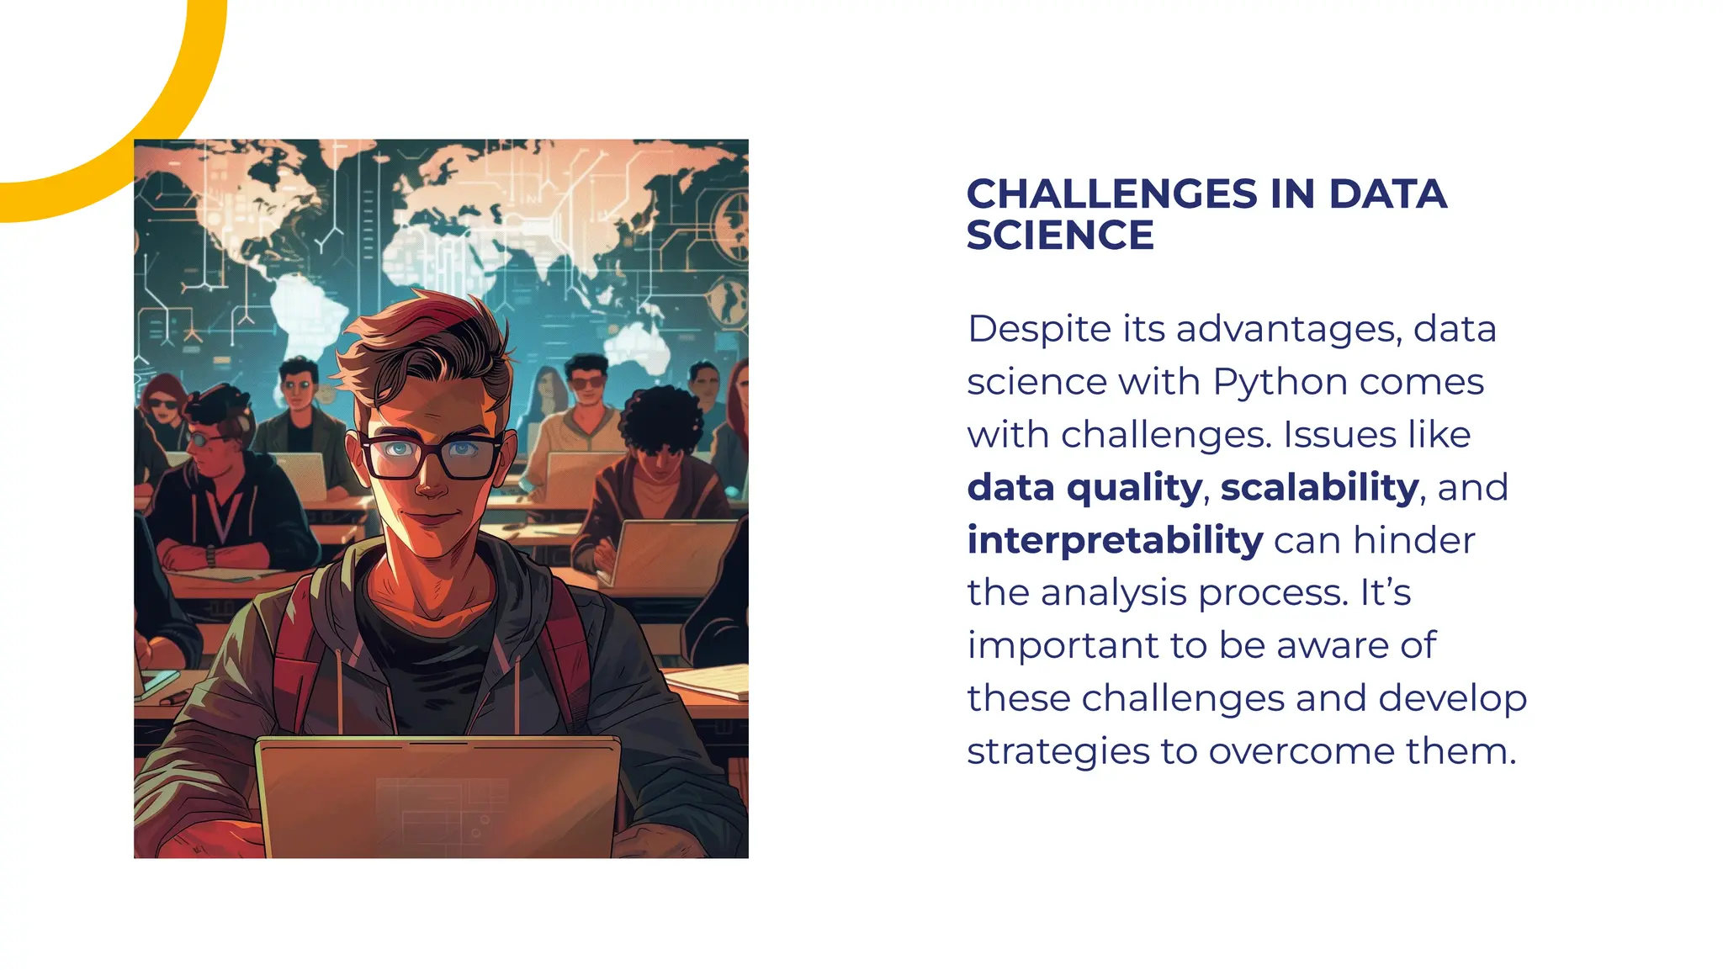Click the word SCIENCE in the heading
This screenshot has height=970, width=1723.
point(1059,236)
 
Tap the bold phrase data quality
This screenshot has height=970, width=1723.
point(1084,488)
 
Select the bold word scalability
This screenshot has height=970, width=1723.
point(1319,487)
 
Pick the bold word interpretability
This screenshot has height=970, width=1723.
point(1115,540)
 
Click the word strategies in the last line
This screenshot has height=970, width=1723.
point(1058,751)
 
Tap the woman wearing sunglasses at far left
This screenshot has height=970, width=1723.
point(163,408)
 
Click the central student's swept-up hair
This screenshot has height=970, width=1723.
point(429,337)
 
